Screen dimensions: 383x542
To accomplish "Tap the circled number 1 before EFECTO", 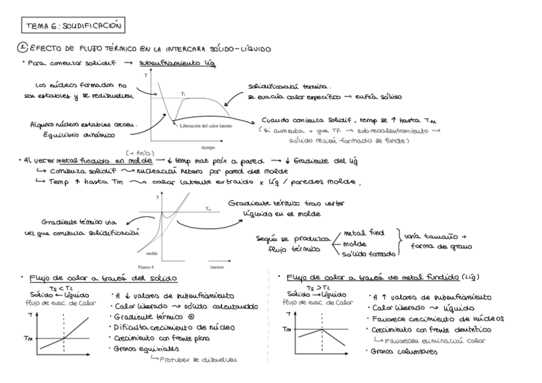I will (22, 49).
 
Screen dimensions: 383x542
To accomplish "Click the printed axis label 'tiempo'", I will (208, 146).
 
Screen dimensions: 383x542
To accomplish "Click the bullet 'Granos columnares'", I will (399, 352).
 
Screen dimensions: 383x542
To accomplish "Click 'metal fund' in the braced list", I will (364, 233).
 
